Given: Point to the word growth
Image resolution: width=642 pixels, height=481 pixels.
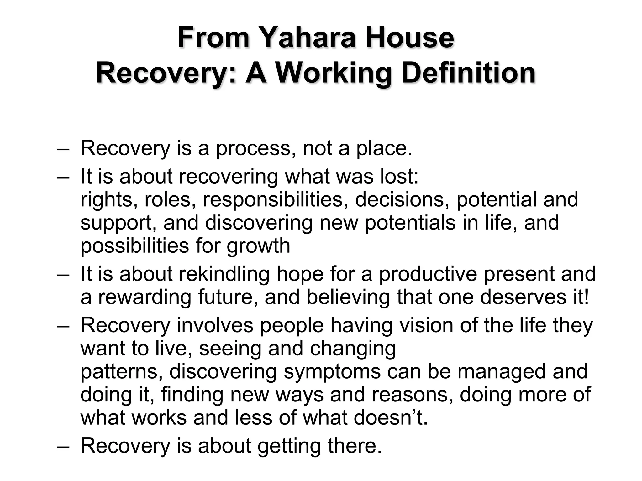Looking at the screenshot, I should point(259,246).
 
